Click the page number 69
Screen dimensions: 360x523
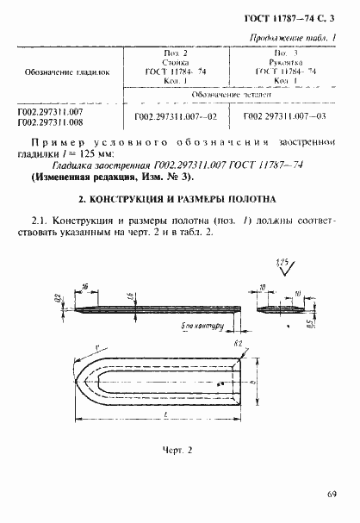tap(332, 494)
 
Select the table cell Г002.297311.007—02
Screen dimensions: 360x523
tap(176, 115)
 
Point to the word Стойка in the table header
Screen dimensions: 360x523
tap(177, 63)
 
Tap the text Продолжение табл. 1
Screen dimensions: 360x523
tap(292, 37)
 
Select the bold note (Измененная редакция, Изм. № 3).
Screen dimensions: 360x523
tap(113, 177)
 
